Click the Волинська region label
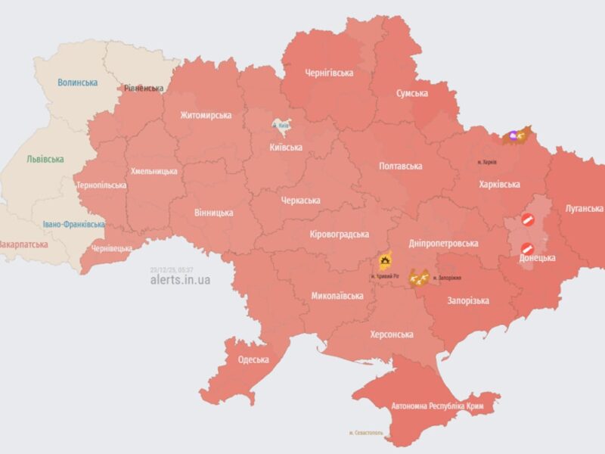78,82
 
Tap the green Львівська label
45,160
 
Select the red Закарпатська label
23,244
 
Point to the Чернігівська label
330,73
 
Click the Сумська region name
412,93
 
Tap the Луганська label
584,208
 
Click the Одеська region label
253,359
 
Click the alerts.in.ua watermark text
180,280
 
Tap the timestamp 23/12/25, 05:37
171,269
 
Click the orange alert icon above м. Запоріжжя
418,278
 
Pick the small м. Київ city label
280,125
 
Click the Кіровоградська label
340,235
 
